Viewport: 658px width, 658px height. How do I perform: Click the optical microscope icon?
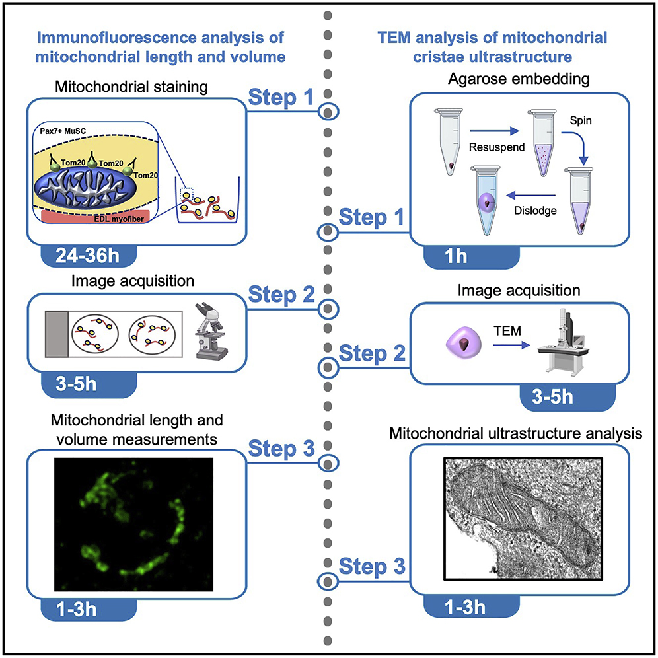pyautogui.click(x=213, y=331)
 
